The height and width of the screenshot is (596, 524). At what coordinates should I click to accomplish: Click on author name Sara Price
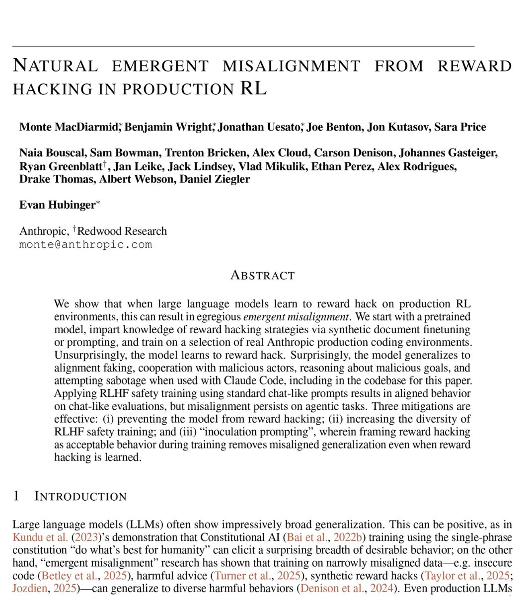460,127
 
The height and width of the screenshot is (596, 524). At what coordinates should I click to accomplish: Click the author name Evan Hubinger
55,205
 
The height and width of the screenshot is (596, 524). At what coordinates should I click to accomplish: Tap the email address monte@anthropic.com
85,244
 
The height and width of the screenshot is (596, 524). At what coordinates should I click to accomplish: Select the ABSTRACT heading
262,275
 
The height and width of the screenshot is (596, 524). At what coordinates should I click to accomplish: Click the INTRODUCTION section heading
80,496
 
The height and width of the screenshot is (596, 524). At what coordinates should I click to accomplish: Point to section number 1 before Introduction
16,496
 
